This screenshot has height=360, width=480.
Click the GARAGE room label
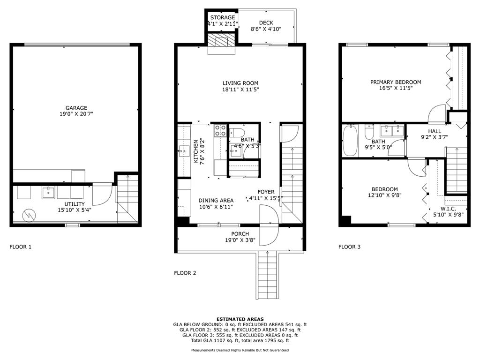76,108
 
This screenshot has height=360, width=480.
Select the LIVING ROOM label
240,83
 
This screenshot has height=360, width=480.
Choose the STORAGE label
222,17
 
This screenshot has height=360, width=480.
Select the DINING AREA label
216,200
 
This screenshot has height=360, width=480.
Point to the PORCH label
240,234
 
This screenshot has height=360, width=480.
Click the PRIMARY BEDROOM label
396,82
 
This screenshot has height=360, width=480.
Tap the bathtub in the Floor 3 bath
350,141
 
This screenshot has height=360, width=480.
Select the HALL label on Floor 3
435,131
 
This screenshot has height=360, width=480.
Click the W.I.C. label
448,209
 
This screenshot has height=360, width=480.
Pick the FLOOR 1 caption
21,247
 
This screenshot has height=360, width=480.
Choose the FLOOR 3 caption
350,247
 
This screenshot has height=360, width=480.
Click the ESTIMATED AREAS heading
240,319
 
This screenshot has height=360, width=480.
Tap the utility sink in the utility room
48,192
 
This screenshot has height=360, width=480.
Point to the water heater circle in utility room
30,215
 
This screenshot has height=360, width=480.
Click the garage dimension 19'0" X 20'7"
76,114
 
